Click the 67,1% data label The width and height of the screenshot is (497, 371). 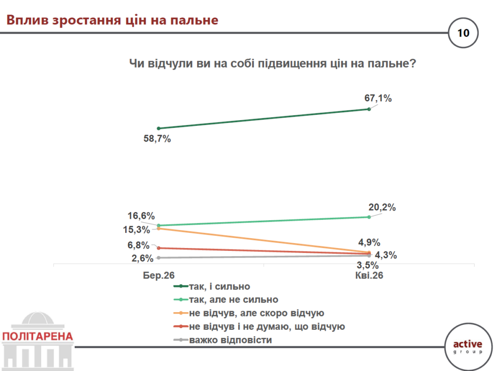(x=378, y=98)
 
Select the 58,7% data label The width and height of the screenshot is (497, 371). (x=157, y=139)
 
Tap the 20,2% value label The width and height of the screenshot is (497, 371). (x=382, y=208)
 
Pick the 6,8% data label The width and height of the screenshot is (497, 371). (x=139, y=245)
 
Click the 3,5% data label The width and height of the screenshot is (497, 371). (x=367, y=265)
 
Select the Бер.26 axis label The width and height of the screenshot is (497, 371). (x=158, y=275)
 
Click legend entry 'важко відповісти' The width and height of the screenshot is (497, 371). (x=231, y=340)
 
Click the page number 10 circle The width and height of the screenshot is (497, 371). (x=463, y=33)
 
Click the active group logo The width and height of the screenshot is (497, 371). (x=467, y=346)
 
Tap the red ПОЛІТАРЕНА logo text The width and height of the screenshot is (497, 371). (x=37, y=336)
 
